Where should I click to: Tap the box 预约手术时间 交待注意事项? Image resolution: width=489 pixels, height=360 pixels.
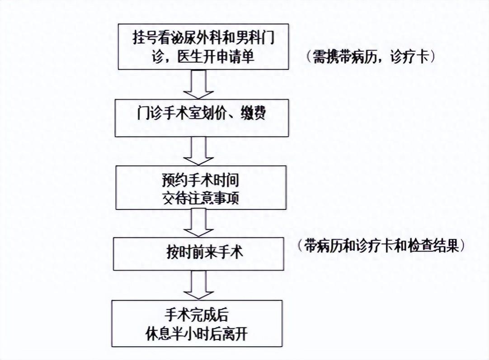201,187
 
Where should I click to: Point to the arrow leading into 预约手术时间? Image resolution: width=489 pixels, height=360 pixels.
198,150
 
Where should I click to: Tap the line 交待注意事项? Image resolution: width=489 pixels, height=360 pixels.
200,198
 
